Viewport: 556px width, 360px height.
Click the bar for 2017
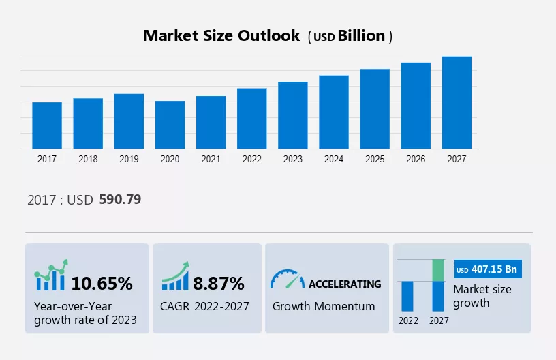tap(47, 125)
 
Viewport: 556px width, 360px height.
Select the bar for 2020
tap(170, 125)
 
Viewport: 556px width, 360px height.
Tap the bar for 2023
tap(293, 115)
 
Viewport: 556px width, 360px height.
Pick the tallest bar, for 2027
tap(457, 102)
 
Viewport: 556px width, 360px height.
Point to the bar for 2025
tap(375, 109)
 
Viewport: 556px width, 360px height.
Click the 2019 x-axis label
tap(129, 159)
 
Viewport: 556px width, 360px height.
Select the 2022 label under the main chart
tap(251, 159)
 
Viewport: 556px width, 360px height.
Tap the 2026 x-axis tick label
tap(416, 159)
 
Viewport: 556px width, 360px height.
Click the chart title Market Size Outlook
tap(221, 36)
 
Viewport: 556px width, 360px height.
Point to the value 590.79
tap(120, 200)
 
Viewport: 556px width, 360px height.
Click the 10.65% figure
tap(102, 283)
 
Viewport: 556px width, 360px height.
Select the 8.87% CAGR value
tap(217, 283)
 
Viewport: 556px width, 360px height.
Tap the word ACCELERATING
tap(345, 284)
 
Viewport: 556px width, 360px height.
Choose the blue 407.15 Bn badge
tap(487, 270)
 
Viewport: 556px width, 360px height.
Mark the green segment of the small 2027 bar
tap(439, 270)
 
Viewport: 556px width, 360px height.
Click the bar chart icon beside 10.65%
tap(51, 275)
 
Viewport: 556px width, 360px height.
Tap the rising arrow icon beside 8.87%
tap(176, 277)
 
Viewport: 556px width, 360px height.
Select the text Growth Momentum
tap(324, 306)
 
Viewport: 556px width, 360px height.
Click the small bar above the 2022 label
tap(407, 296)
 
